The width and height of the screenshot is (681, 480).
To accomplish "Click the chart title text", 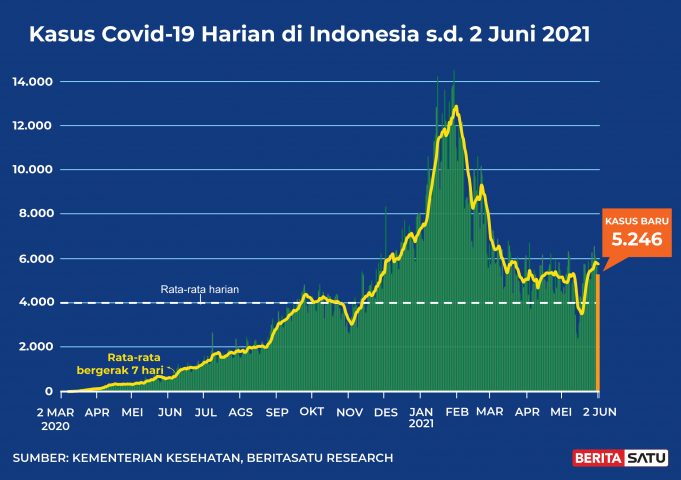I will coord(309,35).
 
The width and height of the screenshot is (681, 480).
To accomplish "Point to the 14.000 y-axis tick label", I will coord(33,81).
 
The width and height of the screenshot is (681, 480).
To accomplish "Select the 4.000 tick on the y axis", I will coord(37,302).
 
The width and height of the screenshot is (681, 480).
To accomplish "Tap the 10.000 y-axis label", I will coord(33,169).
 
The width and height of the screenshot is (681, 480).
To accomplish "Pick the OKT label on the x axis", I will coord(311,411).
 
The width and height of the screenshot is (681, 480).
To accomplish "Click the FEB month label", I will coord(456,411).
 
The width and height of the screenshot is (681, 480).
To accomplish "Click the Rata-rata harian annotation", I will coord(199,290).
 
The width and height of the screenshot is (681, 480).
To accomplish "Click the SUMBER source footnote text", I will coord(203,458).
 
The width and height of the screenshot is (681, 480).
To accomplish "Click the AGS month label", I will coord(240,411).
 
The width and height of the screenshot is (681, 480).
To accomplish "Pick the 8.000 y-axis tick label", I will coord(37,213).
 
